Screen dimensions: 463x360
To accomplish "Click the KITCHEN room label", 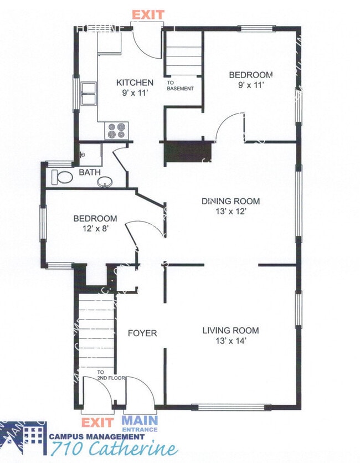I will (135, 83).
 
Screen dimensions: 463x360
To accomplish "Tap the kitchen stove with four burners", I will (117, 131).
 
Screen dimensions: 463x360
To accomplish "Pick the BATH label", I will (89, 172).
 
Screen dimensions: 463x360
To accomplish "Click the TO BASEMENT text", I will (181, 85).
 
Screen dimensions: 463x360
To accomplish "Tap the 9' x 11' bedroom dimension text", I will (251, 85).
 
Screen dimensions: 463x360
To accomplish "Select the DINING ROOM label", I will (230, 202).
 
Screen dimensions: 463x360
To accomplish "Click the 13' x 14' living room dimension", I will (230, 341).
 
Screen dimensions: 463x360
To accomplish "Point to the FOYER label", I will (142, 333).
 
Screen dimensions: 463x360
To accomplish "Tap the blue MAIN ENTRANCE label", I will (140, 424).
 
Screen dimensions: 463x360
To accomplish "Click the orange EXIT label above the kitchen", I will (148, 14).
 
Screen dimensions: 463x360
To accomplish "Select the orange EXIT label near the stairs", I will (97, 424).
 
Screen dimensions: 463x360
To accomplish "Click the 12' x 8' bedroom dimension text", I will (95, 228).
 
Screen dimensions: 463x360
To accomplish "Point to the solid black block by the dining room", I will (188, 152).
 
